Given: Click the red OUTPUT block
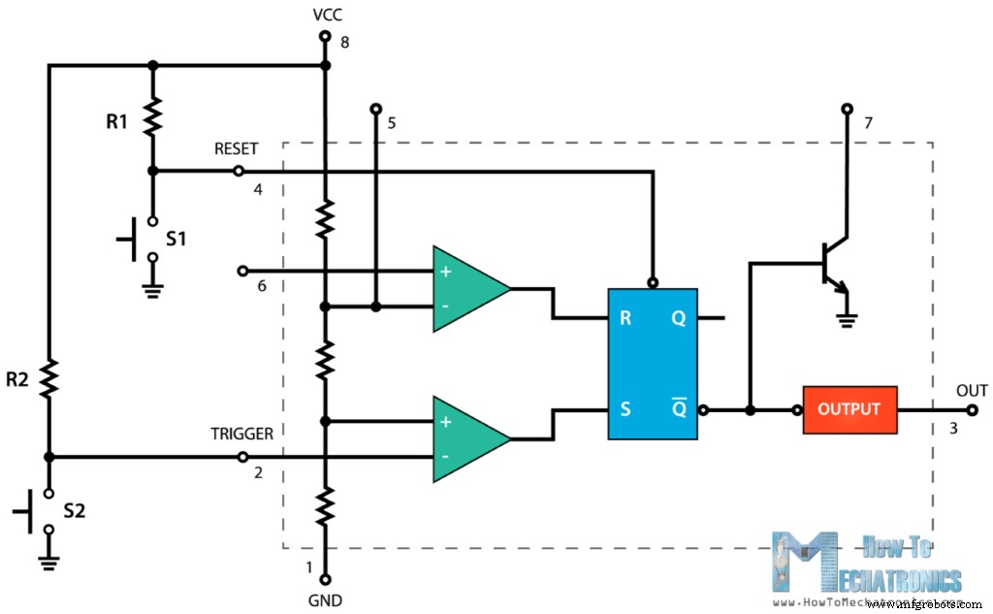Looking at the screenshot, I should click(849, 409).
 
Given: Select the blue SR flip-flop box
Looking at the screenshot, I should click(652, 364).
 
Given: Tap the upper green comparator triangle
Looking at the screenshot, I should click(469, 288).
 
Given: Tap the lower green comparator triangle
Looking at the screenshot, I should click(469, 438).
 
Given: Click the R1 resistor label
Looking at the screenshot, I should click(116, 122).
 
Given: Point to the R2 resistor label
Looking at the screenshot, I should click(17, 380).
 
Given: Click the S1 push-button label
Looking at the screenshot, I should click(176, 239).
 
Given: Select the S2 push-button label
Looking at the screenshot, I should click(74, 510).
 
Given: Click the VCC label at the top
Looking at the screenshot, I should click(327, 15).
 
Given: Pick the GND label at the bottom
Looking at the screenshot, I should click(326, 600).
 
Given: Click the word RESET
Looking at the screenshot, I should click(237, 149).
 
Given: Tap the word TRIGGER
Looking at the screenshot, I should click(242, 435).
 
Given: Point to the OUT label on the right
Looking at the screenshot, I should click(972, 391).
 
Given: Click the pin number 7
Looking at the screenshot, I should click(868, 123).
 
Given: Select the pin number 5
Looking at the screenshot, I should click(392, 123).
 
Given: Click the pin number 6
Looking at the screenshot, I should click(261, 287).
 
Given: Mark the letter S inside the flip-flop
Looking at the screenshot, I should click(625, 409).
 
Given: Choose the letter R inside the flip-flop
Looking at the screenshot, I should click(625, 317).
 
